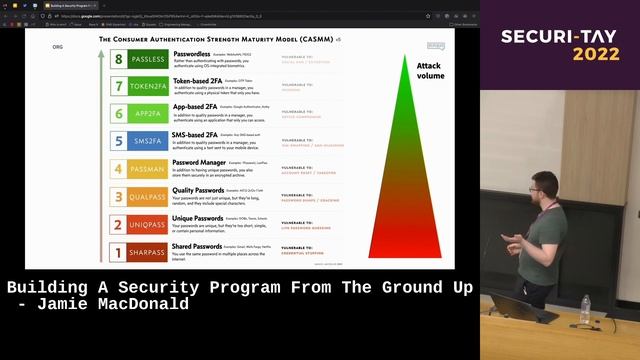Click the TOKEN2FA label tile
pyautogui.click(x=147, y=87)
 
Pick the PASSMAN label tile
pyautogui.click(x=147, y=169)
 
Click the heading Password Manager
pyautogui.click(x=199, y=162)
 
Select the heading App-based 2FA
pyautogui.click(x=197, y=106)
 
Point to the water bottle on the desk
pyautogui.click(x=585, y=310)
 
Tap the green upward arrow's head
pyautogui.click(x=100, y=53)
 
